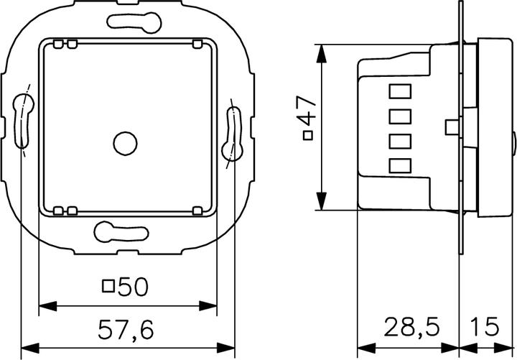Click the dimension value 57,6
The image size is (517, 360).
[x=126, y=329]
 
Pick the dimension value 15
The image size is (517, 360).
[x=485, y=328]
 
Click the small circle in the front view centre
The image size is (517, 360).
[x=126, y=143]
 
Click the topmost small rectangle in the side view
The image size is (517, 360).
[x=399, y=91]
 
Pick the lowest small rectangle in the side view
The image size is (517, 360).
[x=399, y=166]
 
